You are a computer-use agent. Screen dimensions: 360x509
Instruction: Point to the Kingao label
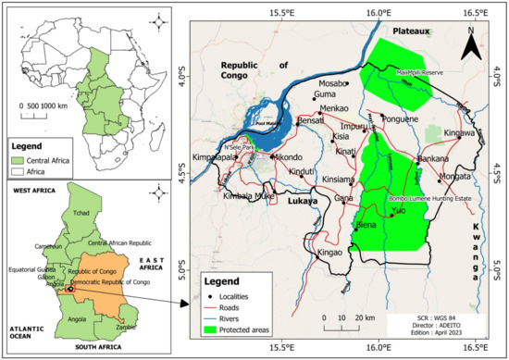(330, 252)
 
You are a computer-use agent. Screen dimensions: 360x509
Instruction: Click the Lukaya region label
(302, 200)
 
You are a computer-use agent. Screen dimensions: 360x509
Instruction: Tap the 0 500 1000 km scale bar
(44, 106)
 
